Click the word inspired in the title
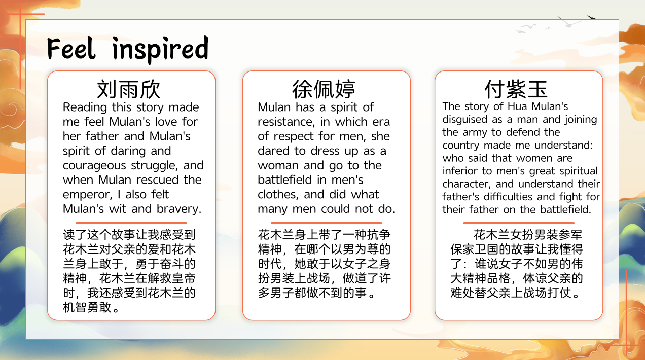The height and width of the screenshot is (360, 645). coord(160,50)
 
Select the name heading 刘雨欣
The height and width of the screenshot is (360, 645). coord(128,89)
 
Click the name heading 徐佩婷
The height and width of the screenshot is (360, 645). coord(324,89)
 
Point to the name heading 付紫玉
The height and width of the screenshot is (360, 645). coord(516,89)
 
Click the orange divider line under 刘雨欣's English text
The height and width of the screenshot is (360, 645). coord(131,223)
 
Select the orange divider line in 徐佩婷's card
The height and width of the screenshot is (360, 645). coord(326,223)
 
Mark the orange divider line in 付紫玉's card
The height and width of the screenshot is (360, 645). coord(519,223)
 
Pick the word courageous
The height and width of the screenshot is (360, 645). coord(94,166)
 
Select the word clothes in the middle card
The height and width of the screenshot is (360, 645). coord(277,195)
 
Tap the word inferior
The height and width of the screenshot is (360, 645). coord(459,171)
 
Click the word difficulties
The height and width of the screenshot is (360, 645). coord(508,197)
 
